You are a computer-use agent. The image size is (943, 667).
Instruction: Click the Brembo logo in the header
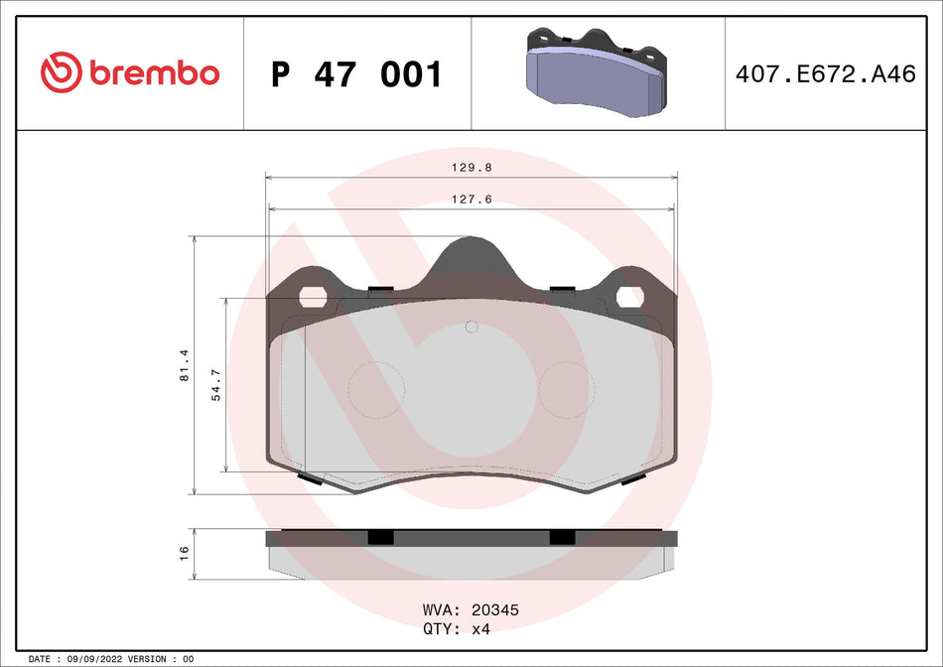click(x=130, y=72)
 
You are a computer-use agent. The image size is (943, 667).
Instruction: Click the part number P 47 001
click(x=356, y=74)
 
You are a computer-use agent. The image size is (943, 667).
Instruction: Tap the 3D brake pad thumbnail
click(x=597, y=71)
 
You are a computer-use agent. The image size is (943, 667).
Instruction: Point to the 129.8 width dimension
click(x=471, y=168)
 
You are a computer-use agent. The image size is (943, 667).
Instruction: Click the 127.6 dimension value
click(x=471, y=200)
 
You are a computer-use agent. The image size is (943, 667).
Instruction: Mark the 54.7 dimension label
click(x=216, y=383)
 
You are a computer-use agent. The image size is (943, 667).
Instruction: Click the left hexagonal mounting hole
click(x=313, y=297)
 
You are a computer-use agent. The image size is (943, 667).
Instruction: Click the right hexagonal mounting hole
click(x=630, y=297)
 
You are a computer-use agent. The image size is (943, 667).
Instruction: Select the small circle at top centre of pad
click(x=471, y=327)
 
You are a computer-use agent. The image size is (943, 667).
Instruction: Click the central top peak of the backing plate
click(x=471, y=253)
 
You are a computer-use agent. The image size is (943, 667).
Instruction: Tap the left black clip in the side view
click(x=380, y=537)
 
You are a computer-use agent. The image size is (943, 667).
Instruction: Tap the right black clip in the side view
click(x=562, y=537)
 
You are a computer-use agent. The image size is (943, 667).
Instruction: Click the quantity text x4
click(x=480, y=629)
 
